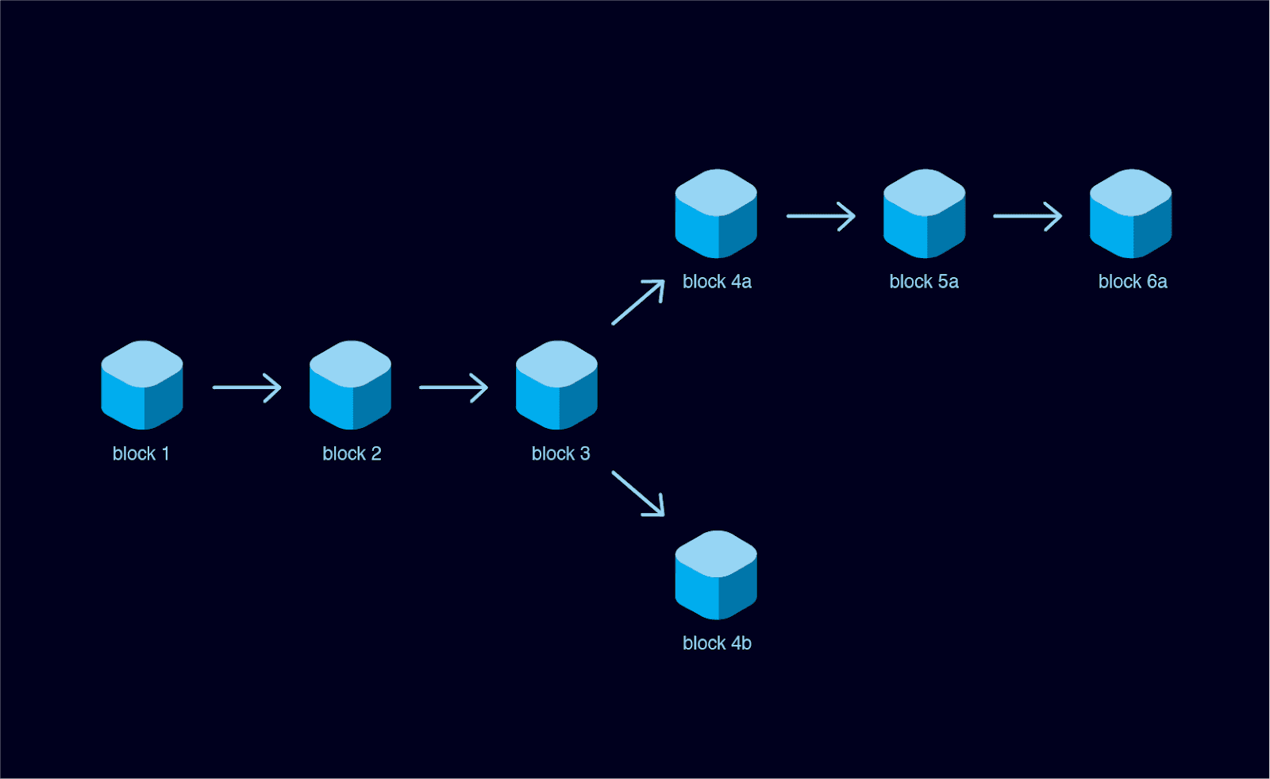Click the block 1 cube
[142, 385]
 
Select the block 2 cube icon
[350, 385]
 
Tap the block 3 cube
[556, 385]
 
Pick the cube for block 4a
[716, 214]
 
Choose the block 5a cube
[924, 214]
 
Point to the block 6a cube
[1130, 214]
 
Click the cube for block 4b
[716, 575]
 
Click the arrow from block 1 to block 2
[247, 388]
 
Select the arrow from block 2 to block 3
[453, 388]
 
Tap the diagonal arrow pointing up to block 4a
[638, 302]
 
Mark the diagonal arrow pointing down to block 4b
[638, 493]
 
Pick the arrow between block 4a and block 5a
[821, 216]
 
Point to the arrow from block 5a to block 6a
[1027, 216]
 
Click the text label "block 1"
[140, 453]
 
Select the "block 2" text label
[352, 453]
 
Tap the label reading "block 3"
[560, 453]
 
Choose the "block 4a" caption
[717, 282]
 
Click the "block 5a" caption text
[924, 282]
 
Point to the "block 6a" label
[1133, 282]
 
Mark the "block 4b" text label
[717, 643]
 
